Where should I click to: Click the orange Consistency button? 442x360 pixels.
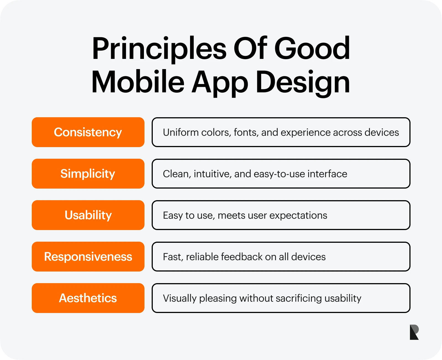coord(88,132)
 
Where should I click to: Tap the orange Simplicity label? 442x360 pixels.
coord(88,174)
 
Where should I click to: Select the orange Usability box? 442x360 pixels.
coord(88,215)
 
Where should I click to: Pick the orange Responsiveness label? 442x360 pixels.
coord(88,257)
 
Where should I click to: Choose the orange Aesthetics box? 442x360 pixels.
coord(88,298)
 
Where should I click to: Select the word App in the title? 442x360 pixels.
coord(220,83)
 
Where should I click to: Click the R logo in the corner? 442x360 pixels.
coord(414,332)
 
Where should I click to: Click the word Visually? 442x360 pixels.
coord(180,299)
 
